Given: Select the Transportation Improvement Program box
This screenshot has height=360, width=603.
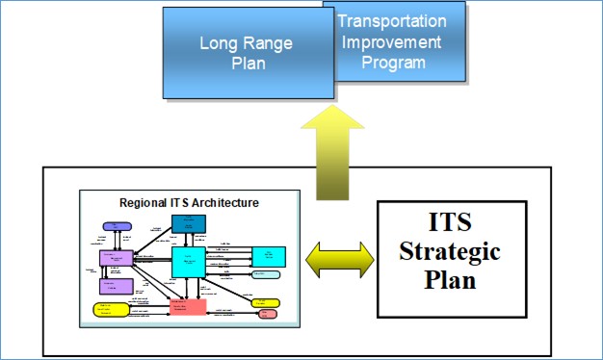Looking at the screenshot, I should point(400,42).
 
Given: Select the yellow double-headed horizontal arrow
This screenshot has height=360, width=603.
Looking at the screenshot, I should point(339,259).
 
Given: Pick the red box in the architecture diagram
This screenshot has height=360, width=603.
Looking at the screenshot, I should point(188,305).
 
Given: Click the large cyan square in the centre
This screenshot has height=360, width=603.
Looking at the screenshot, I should point(188,262).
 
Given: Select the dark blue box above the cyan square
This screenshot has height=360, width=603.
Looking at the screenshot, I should point(188,223).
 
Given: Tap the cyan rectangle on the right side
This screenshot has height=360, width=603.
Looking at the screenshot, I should point(269,256).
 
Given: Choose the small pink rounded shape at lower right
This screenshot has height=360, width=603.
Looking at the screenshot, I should point(268,314).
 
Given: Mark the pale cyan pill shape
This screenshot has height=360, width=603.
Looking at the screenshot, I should point(267,275).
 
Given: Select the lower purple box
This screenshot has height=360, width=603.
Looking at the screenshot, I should point(116,286).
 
